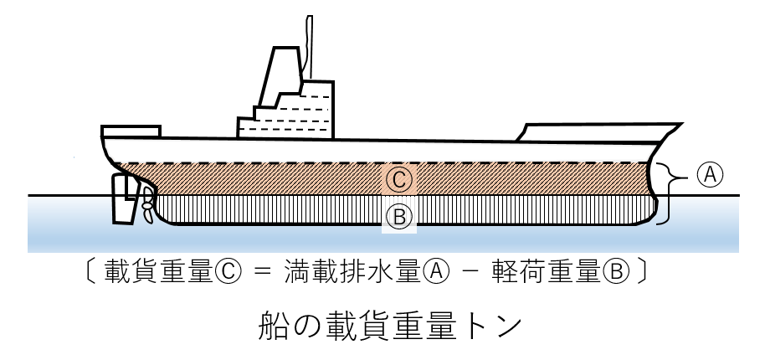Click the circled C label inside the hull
tap(399, 178)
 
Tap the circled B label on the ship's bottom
tap(399, 218)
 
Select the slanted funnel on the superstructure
tap(282, 75)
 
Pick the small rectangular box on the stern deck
tap(131, 131)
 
